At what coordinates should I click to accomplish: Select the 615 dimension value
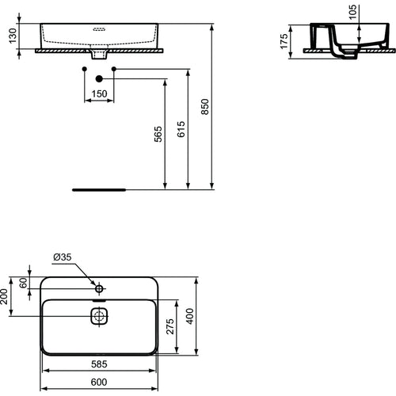(x=181, y=131)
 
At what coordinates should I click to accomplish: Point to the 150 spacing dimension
(x=99, y=94)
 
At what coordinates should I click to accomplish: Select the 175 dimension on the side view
(x=292, y=41)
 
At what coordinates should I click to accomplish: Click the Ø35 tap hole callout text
(x=63, y=257)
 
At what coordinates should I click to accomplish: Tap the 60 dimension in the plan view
(x=24, y=282)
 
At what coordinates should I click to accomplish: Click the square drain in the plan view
(x=99, y=318)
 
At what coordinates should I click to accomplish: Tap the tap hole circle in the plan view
(x=99, y=286)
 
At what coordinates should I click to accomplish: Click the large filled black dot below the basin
(x=99, y=78)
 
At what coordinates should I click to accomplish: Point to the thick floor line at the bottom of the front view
(x=99, y=190)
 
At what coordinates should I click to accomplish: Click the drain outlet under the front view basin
(x=99, y=55)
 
